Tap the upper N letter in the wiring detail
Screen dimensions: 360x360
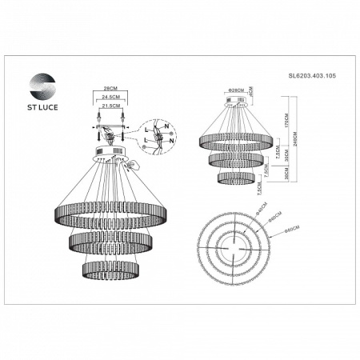pos(164,126)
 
